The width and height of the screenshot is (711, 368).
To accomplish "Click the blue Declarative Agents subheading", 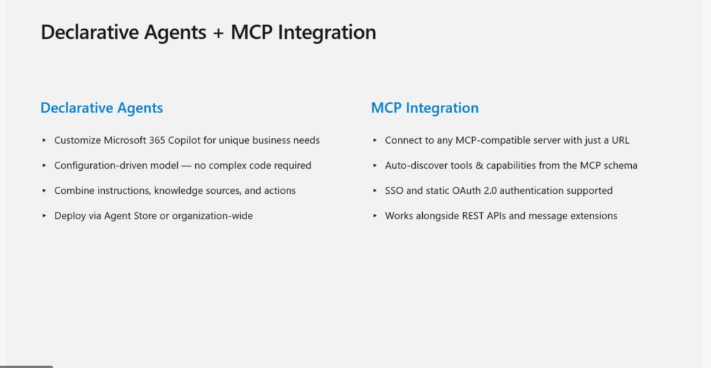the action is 101,108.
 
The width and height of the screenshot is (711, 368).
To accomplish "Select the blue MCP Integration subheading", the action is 425,108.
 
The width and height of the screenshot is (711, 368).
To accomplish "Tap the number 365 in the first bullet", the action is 158,140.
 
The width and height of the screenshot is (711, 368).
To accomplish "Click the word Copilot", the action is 185,140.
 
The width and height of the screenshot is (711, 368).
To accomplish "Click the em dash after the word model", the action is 186,166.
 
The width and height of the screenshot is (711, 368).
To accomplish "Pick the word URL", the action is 620,140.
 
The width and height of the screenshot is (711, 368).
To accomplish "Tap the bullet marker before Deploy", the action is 44,216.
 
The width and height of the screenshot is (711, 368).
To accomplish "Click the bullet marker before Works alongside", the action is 375,216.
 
